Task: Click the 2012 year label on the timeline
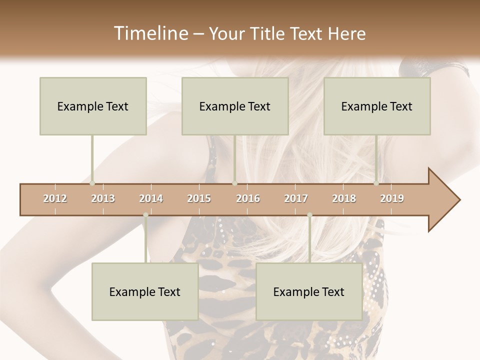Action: pyautogui.click(x=55, y=198)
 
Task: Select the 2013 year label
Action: pyautogui.click(x=103, y=198)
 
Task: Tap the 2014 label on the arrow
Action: pyautogui.click(x=151, y=198)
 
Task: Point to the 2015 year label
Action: pyautogui.click(x=199, y=198)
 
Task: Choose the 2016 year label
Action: pyautogui.click(x=248, y=198)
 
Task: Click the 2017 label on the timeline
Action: pyautogui.click(x=296, y=198)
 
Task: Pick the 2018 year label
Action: pyautogui.click(x=344, y=198)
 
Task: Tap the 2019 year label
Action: pyautogui.click(x=392, y=198)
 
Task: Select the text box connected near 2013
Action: pyautogui.click(x=93, y=106)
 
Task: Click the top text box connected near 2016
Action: pyautogui.click(x=235, y=106)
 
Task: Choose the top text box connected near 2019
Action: pyautogui.click(x=377, y=106)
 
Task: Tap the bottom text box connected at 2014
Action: pyautogui.click(x=145, y=291)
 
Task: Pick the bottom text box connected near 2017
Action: pyautogui.click(x=309, y=291)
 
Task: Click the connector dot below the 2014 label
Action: pyautogui.click(x=145, y=215)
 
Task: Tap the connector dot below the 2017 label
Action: pyautogui.click(x=309, y=215)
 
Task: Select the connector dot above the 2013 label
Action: pyautogui.click(x=92, y=183)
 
